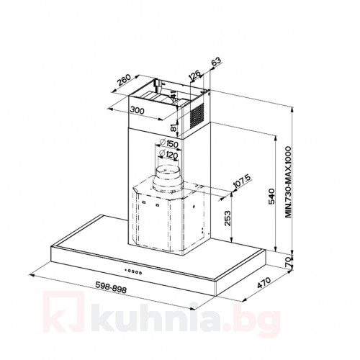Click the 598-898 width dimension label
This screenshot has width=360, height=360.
tap(111, 287)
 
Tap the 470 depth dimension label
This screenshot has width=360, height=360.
tap(264, 283)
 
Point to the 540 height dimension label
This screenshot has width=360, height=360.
tap(271, 197)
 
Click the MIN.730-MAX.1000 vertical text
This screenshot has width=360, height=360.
tap(288, 182)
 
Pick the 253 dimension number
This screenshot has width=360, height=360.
tap(227, 218)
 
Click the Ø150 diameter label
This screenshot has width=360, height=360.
tap(168, 143)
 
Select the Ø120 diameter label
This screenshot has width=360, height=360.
tap(168, 155)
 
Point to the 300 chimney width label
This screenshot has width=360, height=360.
tap(138, 110)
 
